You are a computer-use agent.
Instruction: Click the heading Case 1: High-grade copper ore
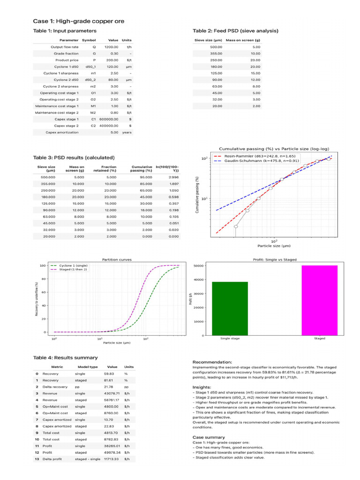[78, 21]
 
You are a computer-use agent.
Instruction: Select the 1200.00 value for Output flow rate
[111, 47]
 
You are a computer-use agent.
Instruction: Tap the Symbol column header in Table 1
[89, 40]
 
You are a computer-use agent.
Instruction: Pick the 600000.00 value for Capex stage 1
[108, 119]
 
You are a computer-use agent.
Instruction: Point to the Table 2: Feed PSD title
[235, 31]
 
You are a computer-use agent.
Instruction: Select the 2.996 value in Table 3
[173, 178]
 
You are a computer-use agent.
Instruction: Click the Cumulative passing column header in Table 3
[142, 168]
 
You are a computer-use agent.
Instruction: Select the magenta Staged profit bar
[319, 300]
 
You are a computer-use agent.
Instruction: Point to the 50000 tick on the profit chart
[198, 266]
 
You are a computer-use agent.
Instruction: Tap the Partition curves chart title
[117, 259]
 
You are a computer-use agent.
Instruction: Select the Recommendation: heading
[212, 362]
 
